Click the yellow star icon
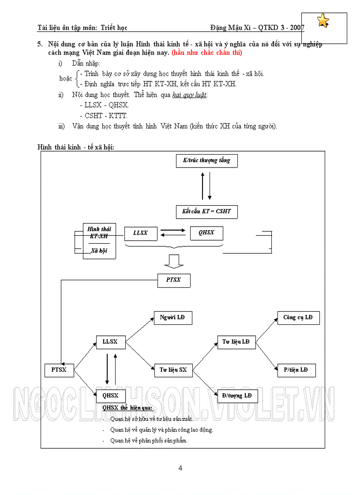[323, 21]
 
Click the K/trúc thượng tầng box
[206, 161]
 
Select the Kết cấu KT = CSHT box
[206, 212]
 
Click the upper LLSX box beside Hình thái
[140, 233]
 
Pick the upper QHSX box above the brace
[206, 233]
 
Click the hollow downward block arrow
[173, 262]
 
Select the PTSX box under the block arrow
[173, 279]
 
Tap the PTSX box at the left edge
[59, 370]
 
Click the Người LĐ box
[173, 318]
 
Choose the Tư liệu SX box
[173, 370]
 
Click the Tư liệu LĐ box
[236, 342]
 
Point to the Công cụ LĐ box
[298, 318]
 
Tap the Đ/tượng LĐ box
[237, 396]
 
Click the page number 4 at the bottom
[180, 469]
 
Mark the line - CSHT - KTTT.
[103, 116]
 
